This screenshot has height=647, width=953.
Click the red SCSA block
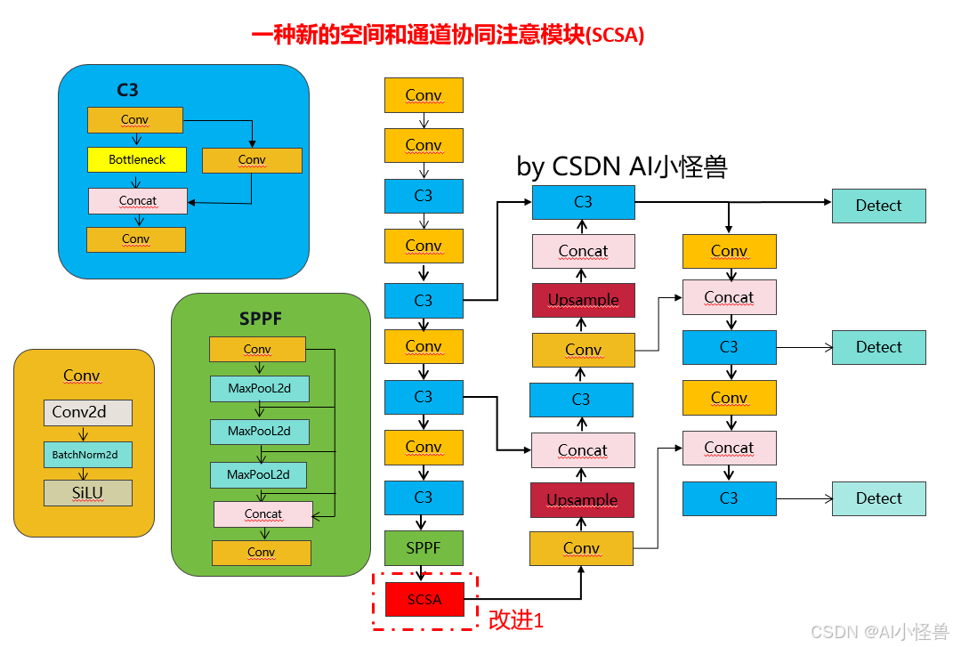pyautogui.click(x=424, y=599)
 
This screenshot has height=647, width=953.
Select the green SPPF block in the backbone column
pyautogui.click(x=424, y=547)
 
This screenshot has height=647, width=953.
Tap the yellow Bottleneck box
pyautogui.click(x=137, y=159)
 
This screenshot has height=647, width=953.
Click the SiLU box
pyautogui.click(x=87, y=493)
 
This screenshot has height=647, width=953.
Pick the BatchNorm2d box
pyautogui.click(x=87, y=455)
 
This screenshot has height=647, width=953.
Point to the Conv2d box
pyautogui.click(x=87, y=412)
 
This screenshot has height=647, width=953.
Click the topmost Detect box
pyautogui.click(x=878, y=206)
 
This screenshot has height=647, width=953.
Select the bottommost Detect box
pyautogui.click(x=878, y=498)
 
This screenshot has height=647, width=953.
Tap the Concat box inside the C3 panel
pyautogui.click(x=138, y=200)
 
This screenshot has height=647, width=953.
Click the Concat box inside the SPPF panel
pyautogui.click(x=262, y=514)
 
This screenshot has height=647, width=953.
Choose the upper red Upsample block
pyautogui.click(x=583, y=300)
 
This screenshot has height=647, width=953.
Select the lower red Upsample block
pyautogui.click(x=582, y=500)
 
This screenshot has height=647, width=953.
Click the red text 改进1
pyautogui.click(x=515, y=620)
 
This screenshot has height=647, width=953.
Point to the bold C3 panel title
pyautogui.click(x=127, y=90)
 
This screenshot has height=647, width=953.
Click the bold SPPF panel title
pyautogui.click(x=261, y=319)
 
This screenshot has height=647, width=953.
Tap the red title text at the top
pyautogui.click(x=448, y=36)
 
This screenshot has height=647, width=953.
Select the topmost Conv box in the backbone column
pyautogui.click(x=424, y=95)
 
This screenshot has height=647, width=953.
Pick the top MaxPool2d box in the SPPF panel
pyautogui.click(x=259, y=389)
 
